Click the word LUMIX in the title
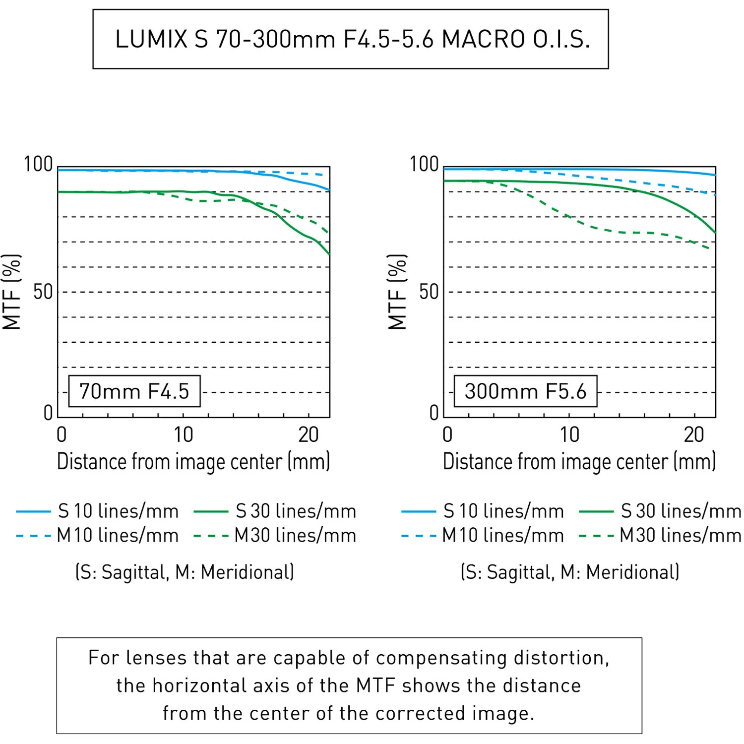pos(151,39)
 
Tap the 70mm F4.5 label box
pos(134,391)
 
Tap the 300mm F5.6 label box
pos(526,391)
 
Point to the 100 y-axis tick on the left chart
pos(38,164)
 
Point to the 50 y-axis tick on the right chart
pos(429,292)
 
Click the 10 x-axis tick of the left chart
pos(184,435)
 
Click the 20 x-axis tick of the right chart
pos(694,435)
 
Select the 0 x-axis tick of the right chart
pos(447,435)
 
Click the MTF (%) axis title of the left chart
pos(11,292)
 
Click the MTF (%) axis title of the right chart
pos(397,292)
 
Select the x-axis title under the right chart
pos(579,461)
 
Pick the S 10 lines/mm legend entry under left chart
pos(97,511)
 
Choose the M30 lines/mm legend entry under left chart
pos(275,536)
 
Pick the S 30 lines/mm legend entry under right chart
pos(660,511)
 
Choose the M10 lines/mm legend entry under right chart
pos(483,536)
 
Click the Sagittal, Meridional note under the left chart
pos(185,572)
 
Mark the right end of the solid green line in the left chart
pos(329,254)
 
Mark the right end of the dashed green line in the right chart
pos(710,248)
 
